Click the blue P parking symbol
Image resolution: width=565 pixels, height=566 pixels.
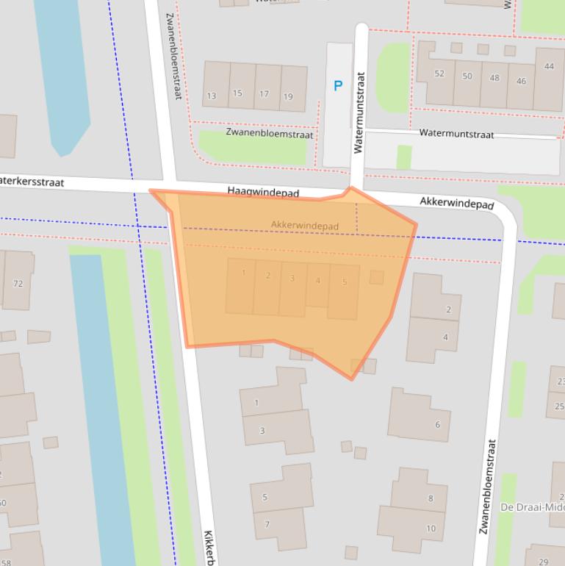(338, 86)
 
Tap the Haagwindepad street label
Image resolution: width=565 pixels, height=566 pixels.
(263, 192)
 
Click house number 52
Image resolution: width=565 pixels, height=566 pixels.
(439, 74)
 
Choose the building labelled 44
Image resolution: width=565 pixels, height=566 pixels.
(549, 67)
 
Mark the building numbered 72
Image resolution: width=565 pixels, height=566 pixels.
(18, 284)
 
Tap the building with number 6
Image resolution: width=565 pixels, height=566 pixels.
(437, 424)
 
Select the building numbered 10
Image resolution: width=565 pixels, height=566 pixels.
(431, 528)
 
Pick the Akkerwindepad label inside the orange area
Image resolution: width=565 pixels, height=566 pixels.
(305, 226)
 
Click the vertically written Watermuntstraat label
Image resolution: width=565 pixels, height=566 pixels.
(359, 112)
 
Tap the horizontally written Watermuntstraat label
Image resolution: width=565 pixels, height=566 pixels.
(456, 134)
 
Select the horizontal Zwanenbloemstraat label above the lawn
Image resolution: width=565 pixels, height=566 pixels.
(270, 135)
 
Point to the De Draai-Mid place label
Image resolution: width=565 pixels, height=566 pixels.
(532, 507)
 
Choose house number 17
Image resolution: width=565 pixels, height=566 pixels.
(263, 94)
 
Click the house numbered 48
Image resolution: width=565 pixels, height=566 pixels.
(494, 78)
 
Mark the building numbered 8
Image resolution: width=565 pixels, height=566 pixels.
(431, 498)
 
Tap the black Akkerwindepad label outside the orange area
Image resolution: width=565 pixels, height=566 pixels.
(456, 204)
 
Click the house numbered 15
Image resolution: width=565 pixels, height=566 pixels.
(237, 93)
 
